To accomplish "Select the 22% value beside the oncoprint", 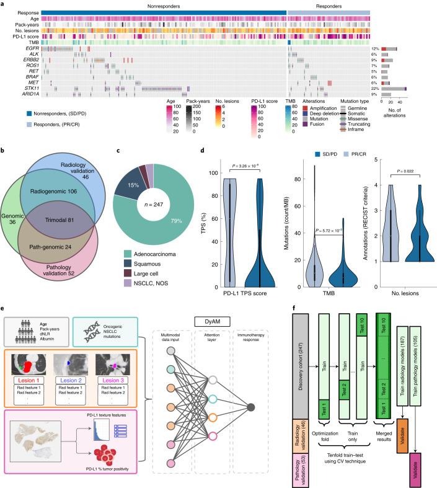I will click(x=374, y=88).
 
